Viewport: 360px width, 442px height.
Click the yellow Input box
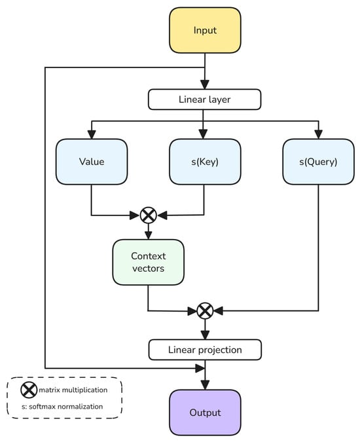tap(205, 30)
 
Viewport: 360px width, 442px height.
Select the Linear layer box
tap(204, 100)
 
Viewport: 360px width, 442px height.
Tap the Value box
tap(92, 162)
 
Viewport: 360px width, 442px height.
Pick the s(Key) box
tap(205, 162)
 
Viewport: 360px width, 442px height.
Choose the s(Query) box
tap(318, 162)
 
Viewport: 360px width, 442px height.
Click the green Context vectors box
tap(148, 262)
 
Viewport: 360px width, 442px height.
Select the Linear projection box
tap(205, 350)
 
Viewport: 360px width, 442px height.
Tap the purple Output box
tap(205, 413)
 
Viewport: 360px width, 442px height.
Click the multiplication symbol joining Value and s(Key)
tap(148, 215)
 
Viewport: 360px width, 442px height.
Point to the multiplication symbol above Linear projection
tap(205, 311)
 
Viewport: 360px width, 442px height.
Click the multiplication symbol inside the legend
tap(29, 390)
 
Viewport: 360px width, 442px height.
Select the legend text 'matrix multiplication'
tap(73, 390)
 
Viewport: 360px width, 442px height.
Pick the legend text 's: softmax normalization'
tap(62, 407)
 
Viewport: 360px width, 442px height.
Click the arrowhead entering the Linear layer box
tap(205, 84)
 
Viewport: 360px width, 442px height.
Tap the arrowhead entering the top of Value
tap(92, 134)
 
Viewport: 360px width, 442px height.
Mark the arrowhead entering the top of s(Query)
tap(318, 134)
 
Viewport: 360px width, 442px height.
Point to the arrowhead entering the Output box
tap(205, 385)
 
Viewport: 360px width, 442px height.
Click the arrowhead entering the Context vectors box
tap(148, 235)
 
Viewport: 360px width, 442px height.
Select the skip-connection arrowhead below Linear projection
tap(200, 368)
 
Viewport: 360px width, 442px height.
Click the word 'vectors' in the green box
tap(148, 268)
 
